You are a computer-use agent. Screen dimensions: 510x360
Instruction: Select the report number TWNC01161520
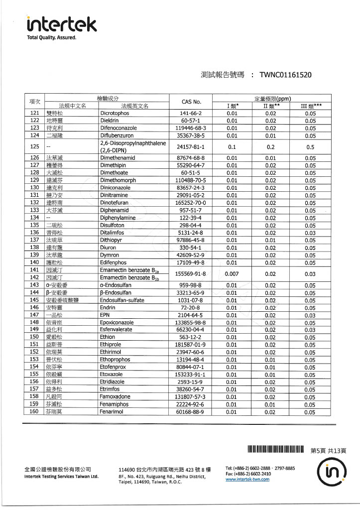[286, 75]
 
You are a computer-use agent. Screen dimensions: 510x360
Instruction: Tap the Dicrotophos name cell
[115, 113]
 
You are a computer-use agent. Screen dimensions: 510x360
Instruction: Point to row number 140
[34, 262]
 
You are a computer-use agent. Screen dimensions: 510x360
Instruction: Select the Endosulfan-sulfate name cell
[122, 300]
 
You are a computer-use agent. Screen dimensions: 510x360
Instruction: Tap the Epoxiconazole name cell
[119, 322]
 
